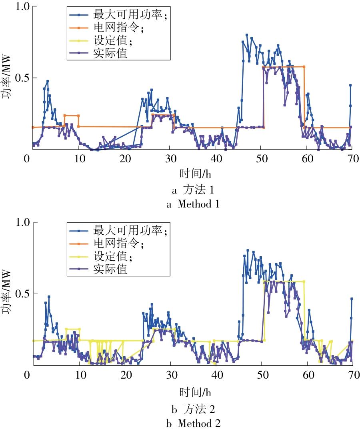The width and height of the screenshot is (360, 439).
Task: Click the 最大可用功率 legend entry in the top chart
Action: click(118, 14)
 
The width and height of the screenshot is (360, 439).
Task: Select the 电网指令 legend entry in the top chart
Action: click(106, 28)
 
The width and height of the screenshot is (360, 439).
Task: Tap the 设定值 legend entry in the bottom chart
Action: click(100, 256)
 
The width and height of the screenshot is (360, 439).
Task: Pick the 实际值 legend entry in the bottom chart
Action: click(98, 269)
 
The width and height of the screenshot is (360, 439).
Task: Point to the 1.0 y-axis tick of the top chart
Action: click(22, 6)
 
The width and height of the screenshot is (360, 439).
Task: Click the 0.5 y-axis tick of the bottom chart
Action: click(22, 294)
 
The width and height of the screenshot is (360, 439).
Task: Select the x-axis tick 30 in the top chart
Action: click(171, 159)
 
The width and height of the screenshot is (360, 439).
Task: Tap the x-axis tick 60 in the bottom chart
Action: click(308, 375)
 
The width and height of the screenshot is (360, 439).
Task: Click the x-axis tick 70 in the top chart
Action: click(353, 159)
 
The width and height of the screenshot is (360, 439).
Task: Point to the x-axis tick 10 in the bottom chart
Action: click(81, 375)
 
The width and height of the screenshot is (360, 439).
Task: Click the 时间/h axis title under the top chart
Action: click(195, 174)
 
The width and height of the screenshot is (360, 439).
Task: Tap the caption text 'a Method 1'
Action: click(193, 204)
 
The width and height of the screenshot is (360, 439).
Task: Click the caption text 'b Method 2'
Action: click(193, 423)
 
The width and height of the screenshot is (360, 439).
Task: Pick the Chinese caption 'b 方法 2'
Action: click(193, 409)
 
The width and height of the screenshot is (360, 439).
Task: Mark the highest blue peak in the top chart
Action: click(246, 35)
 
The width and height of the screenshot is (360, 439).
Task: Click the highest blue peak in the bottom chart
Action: click(248, 250)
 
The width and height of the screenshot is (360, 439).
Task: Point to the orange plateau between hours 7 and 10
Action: click(72, 116)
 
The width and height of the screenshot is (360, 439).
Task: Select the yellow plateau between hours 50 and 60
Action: click(284, 281)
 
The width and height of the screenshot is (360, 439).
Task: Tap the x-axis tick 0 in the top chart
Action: click(27, 159)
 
